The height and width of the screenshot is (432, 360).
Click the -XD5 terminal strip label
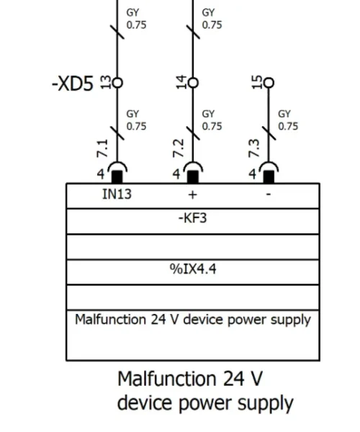pos(73,84)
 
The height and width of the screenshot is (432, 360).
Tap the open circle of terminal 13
pos(117,83)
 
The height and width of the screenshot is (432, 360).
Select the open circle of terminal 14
pos(193,83)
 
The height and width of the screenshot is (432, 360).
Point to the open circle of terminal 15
pos(269,83)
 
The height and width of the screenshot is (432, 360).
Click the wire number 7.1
pos(102,148)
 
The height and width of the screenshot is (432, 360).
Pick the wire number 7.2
pos(179,148)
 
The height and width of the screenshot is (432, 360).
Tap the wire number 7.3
pos(254,148)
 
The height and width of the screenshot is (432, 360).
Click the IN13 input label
pos(117,194)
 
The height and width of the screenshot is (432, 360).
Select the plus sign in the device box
pos(193,195)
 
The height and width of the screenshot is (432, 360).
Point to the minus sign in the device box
pos(269,194)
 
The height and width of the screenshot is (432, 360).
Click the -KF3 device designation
pos(192,218)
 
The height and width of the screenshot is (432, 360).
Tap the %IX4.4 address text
pos(193,269)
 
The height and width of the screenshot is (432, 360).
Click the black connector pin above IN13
pos(117,176)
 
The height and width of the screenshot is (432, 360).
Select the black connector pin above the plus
pos(193,176)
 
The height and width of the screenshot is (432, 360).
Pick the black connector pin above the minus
pos(269,176)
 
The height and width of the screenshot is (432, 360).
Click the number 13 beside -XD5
pos(106,82)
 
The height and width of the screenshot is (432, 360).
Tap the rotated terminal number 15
pos(257,82)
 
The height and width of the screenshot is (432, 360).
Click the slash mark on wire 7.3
pos(269,133)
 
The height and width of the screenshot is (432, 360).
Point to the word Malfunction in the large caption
pos(167,379)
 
